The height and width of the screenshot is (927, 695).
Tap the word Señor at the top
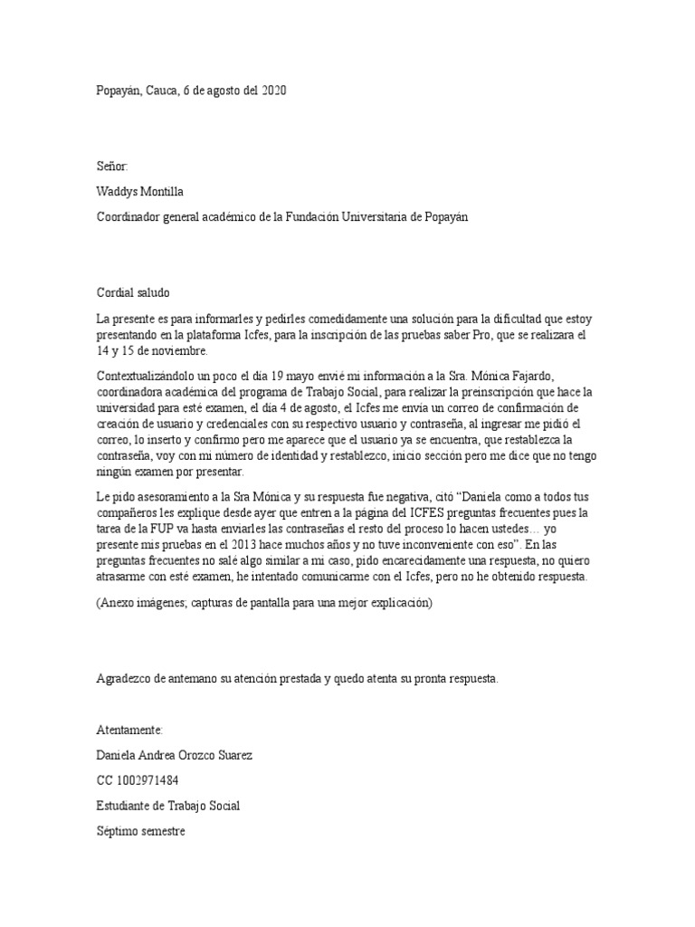pyautogui.click(x=112, y=167)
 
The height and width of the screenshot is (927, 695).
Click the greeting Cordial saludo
pyautogui.click(x=132, y=292)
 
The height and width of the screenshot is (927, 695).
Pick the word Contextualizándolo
pyautogui.click(x=148, y=375)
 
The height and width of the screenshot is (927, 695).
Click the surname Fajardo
pyautogui.click(x=571, y=375)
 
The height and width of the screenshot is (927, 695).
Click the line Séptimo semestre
pyautogui.click(x=140, y=829)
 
